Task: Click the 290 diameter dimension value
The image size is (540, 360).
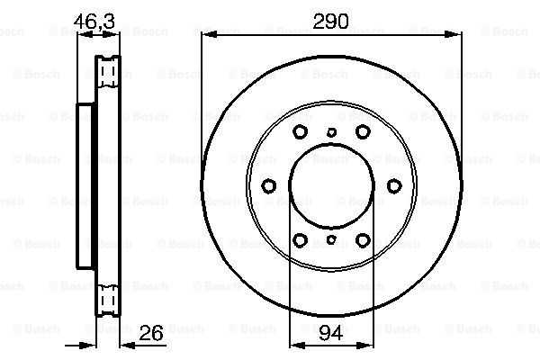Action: click(x=330, y=22)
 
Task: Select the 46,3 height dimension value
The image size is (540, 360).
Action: click(x=94, y=22)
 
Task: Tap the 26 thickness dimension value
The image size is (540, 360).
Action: click(x=151, y=333)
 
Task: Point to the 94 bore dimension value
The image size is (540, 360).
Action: click(x=331, y=333)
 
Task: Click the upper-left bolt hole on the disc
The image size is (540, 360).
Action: click(x=300, y=131)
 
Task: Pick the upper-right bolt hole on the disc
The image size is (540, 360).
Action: click(x=363, y=131)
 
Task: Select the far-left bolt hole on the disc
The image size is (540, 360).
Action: click(x=268, y=186)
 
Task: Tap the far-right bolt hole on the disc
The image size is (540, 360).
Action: click(x=394, y=186)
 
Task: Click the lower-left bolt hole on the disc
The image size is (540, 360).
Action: click(x=300, y=240)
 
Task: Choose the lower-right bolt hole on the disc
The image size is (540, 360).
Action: click(x=363, y=240)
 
